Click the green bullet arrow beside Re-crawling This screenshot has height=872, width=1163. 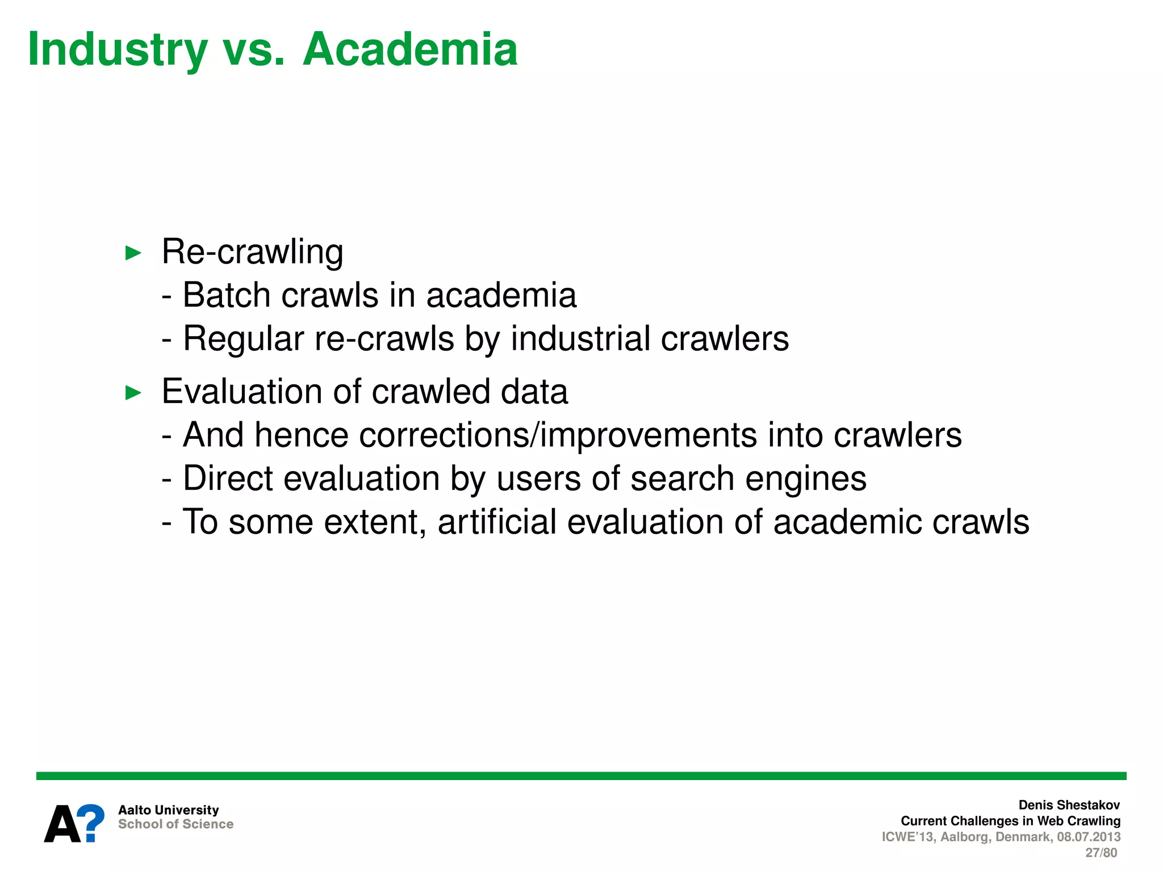pyautogui.click(x=133, y=253)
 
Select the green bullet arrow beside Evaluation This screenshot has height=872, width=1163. pyautogui.click(x=133, y=392)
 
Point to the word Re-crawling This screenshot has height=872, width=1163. pyautogui.click(x=252, y=251)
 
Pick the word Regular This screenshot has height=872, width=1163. pyautogui.click(x=244, y=339)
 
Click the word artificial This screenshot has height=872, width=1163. pyautogui.click(x=497, y=522)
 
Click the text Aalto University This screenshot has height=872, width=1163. pyautogui.click(x=168, y=810)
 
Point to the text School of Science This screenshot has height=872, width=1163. pyautogui.click(x=175, y=824)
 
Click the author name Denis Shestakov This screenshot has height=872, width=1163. pyautogui.click(x=1069, y=805)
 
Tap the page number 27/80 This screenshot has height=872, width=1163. pyautogui.click(x=1101, y=853)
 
